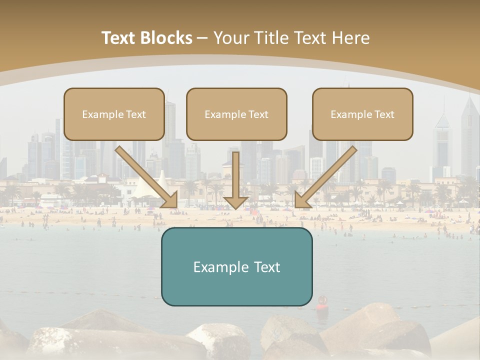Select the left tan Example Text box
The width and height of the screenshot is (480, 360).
pos(114,114)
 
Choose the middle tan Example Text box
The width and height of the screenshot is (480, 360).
pos(236,114)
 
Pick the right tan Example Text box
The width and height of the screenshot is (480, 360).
pos(362,114)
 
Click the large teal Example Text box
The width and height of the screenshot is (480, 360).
pos(236,267)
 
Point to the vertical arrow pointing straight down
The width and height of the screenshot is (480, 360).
pos(235,180)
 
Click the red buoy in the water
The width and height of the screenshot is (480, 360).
pos(321,301)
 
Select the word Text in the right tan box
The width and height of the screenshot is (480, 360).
pos(384,114)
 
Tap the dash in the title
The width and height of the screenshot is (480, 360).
pos(202,38)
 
